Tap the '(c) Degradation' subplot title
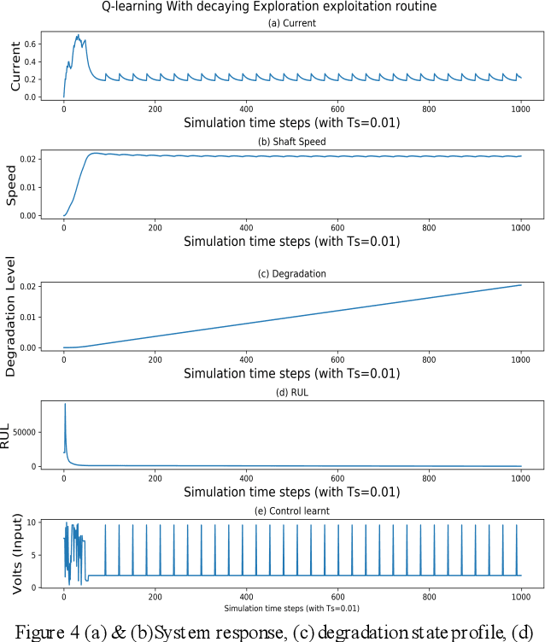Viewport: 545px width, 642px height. tap(291, 272)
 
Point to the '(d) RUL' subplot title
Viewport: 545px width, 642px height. tap(291, 392)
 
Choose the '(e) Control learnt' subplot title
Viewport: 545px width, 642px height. tap(291, 511)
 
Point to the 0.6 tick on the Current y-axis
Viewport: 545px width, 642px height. tap(31, 44)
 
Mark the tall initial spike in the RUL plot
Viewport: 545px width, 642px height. tap(65, 405)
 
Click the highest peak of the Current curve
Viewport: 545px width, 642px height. tap(79, 36)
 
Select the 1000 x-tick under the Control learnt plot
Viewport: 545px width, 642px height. tap(519, 598)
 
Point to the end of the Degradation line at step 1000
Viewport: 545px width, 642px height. tap(520, 285)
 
